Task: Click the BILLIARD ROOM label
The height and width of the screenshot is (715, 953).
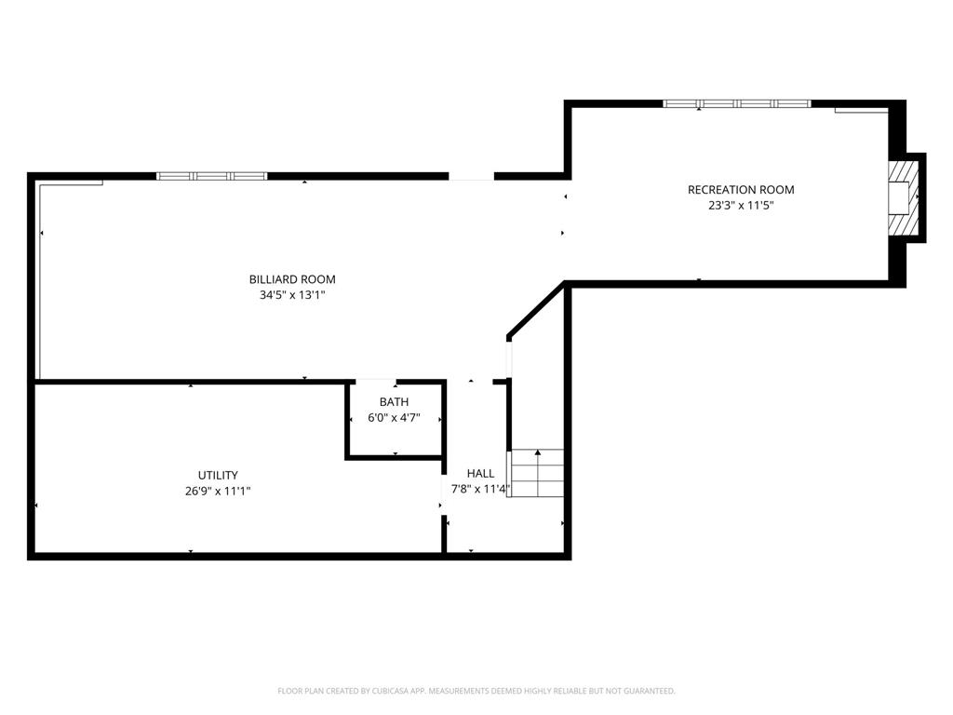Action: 292,279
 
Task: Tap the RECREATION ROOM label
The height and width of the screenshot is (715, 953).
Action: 741,190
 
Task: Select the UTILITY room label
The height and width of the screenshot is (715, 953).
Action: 218,476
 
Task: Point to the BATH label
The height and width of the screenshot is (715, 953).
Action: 394,402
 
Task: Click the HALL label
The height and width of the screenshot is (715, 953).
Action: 480,474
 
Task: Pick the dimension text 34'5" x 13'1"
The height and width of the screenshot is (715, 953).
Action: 292,295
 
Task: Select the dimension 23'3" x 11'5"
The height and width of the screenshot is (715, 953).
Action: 741,206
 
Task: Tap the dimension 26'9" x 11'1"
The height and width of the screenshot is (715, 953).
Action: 218,492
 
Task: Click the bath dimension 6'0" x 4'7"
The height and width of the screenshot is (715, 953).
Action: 394,418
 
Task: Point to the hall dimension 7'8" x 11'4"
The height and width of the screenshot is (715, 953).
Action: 480,489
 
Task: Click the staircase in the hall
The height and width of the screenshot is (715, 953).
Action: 536,473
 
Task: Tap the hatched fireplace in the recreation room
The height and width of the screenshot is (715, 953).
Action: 903,197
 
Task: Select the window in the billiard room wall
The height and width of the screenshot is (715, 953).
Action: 211,176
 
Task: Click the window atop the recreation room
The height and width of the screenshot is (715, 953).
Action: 737,104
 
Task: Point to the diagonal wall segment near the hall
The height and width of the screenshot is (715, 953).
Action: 536,309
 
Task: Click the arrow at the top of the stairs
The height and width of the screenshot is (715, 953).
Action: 538,452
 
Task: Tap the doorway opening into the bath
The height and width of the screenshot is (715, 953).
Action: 376,382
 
